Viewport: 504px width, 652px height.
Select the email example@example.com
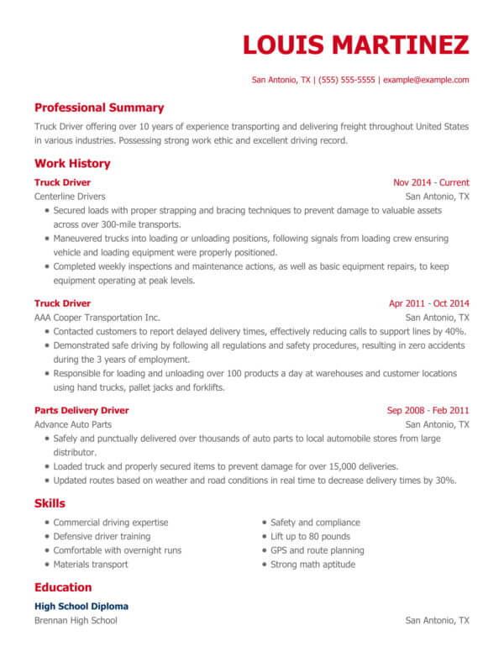point(424,81)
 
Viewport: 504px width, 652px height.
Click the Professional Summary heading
point(99,108)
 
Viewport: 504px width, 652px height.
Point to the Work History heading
point(72,164)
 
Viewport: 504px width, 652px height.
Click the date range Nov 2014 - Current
point(431,182)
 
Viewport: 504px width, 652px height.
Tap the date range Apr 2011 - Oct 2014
point(428,303)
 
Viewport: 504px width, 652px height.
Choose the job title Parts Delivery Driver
point(81,410)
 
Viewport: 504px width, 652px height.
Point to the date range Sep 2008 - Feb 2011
point(428,411)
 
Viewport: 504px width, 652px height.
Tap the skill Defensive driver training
point(102,536)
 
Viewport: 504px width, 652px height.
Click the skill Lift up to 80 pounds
point(310,536)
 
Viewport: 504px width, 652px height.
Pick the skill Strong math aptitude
point(312,565)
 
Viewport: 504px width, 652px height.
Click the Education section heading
point(63,587)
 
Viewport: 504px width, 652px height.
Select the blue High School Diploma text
point(81,606)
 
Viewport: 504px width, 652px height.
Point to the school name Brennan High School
point(76,620)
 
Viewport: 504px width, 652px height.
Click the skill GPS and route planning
point(318,550)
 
